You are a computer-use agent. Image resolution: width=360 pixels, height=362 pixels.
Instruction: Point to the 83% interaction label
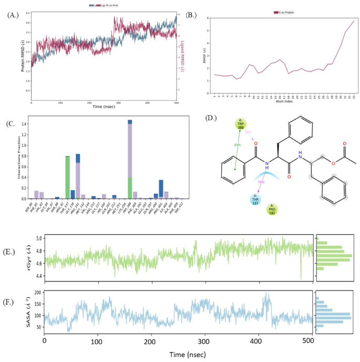(x=238, y=145)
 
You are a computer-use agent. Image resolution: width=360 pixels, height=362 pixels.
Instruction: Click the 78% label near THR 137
(x=261, y=182)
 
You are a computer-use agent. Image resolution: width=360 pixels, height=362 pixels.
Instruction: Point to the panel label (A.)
(x=13, y=15)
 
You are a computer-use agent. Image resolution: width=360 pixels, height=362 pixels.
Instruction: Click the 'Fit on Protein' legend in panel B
(x=284, y=12)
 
